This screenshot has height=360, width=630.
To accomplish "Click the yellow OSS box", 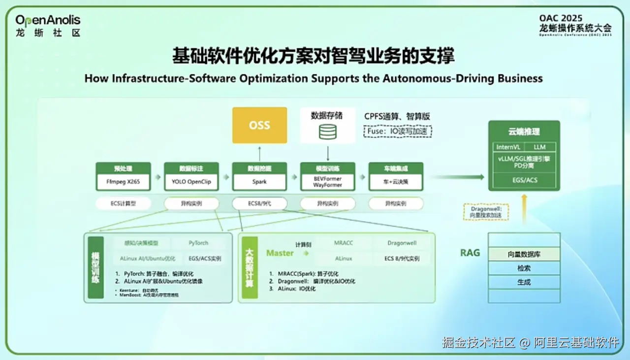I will tap(259, 125).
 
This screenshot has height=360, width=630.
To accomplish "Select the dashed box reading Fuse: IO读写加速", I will tap(398, 131).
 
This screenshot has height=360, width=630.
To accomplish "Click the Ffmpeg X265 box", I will tap(124, 182).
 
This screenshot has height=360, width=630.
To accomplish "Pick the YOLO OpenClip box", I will tap(191, 182).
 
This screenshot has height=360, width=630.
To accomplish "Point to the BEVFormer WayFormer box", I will tap(327, 182).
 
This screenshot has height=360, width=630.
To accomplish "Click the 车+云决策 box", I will tap(395, 182).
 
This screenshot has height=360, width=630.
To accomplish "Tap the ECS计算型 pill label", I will tap(124, 203).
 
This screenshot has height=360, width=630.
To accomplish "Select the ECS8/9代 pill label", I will tap(259, 203).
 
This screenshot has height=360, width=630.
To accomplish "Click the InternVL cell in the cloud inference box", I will tap(508, 147).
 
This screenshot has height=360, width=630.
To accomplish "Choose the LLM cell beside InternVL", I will tap(539, 147).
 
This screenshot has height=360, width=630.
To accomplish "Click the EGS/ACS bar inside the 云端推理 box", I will tap(524, 180).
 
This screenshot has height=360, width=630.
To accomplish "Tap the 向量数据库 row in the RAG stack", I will tap(524, 254).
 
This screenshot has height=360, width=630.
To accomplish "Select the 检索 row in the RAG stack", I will tap(524, 268).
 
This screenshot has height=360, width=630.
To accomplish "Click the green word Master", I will tap(280, 253).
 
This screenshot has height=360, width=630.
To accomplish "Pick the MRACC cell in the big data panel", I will tap(344, 243).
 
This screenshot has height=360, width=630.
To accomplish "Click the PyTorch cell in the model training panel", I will tap(198, 243).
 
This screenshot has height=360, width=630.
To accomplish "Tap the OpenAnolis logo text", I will tap(48, 21).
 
